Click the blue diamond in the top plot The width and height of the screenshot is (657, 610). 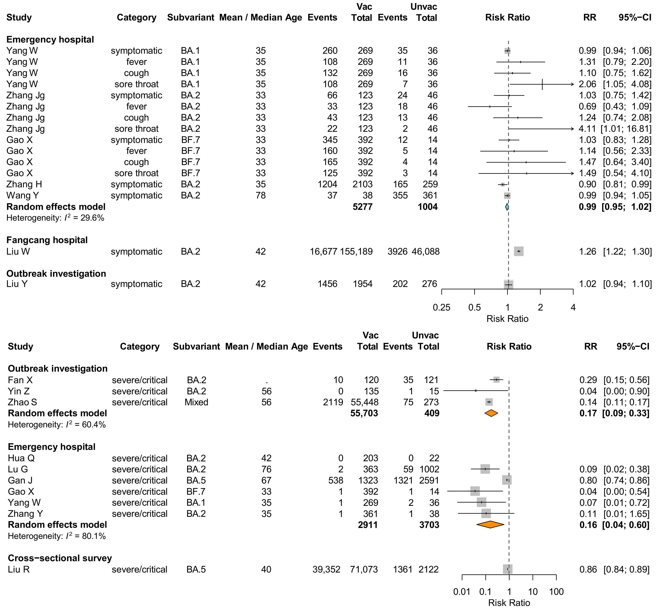click(x=507, y=207)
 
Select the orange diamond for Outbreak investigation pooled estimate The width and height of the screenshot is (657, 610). click(x=491, y=413)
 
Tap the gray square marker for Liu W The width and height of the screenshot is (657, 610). click(x=519, y=252)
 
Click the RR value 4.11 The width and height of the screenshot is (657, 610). click(x=587, y=129)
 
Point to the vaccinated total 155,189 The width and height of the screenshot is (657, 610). click(x=357, y=252)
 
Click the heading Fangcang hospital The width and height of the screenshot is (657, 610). click(x=47, y=240)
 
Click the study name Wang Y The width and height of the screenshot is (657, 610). click(x=22, y=195)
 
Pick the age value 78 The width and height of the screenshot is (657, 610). click(x=261, y=195)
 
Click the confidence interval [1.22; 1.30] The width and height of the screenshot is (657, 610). click(x=627, y=252)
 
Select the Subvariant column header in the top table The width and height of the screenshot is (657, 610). click(x=191, y=17)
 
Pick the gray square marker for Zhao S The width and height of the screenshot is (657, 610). click(x=489, y=402)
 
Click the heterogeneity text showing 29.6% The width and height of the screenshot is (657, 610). click(x=55, y=218)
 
